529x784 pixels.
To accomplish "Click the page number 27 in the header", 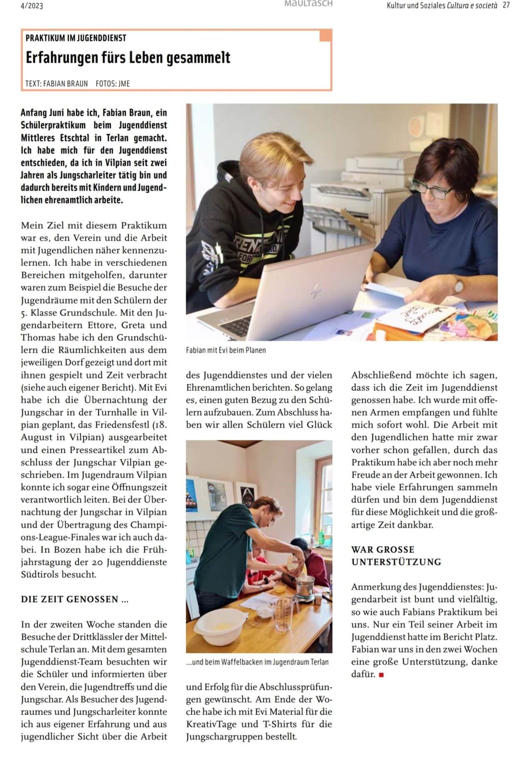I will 506,5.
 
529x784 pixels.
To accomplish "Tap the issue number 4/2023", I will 32,6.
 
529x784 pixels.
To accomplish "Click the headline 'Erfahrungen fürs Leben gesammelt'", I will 128,58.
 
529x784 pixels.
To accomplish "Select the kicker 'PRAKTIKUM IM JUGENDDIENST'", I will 76,38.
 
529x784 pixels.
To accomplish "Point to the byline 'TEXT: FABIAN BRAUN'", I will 57,84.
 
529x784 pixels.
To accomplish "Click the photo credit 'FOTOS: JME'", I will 113,84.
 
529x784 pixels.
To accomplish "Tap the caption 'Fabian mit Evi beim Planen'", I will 226,350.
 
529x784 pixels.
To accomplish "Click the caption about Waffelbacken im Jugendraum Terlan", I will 257,662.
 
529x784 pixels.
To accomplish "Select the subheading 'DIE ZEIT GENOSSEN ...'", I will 75,599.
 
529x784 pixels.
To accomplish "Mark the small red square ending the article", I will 381,675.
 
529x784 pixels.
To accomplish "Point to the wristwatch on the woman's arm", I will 458,285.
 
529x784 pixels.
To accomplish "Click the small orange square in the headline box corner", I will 325,36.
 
